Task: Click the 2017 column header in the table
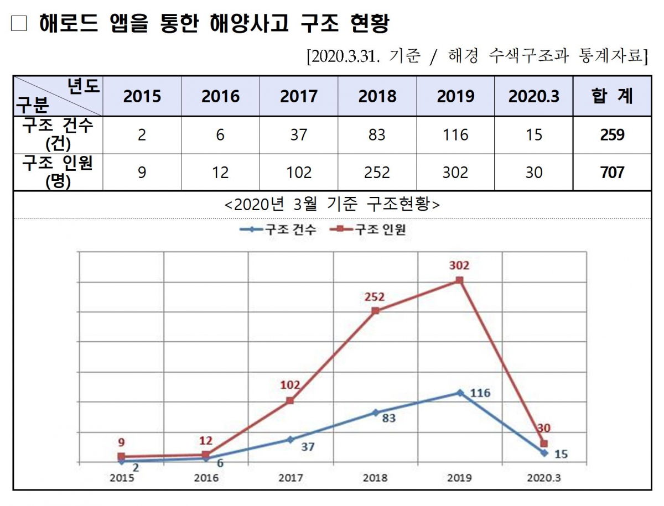point(299,96)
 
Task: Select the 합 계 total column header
point(612,96)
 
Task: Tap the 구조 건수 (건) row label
point(58,134)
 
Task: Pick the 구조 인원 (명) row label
point(58,173)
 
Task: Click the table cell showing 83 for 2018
point(377,134)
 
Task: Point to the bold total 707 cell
point(612,173)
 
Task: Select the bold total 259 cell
point(612,134)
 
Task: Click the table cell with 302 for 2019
point(455,173)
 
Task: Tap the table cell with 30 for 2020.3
point(534,173)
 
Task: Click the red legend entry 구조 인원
point(374,229)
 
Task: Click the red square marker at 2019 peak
point(459,280)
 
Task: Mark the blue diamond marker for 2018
point(375,412)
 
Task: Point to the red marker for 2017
point(290,400)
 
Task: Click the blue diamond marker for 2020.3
point(544,453)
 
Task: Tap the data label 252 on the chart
point(375,297)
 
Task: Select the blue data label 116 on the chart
point(480,393)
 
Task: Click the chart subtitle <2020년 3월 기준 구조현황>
point(332,205)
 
